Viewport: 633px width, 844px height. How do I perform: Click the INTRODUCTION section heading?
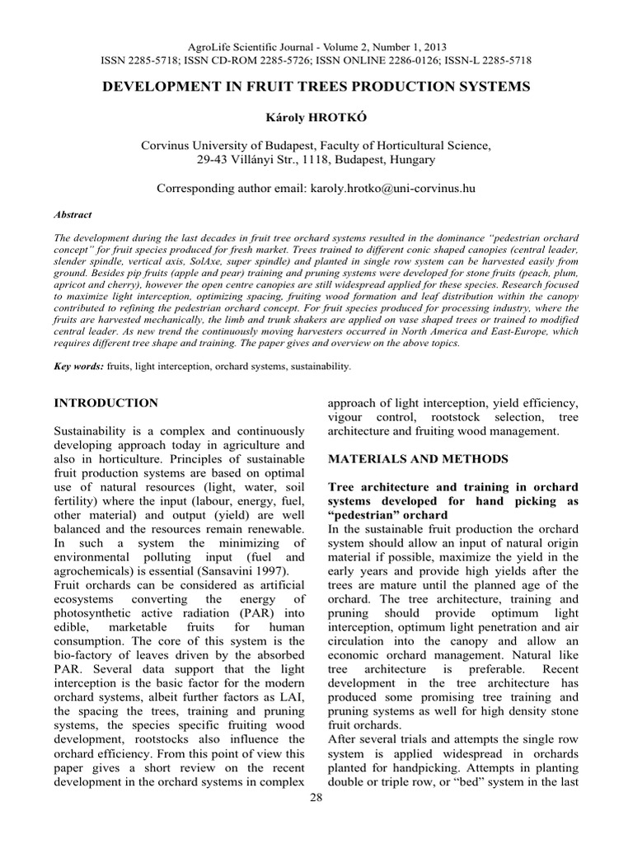106,403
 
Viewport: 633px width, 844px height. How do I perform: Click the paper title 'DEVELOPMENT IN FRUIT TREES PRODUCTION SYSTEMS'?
316,87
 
